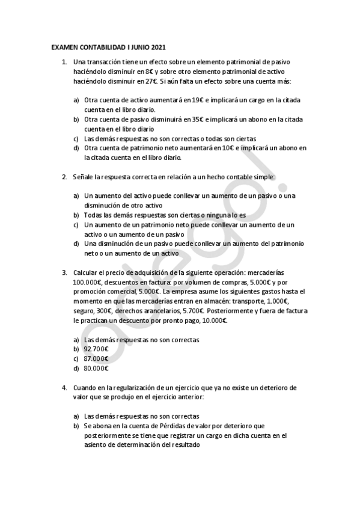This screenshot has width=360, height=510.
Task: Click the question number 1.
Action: pos(64,62)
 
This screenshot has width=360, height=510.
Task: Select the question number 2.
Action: pos(64,177)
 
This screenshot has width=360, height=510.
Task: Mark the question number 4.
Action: pos(64,388)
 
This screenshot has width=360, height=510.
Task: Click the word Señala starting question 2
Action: pos(84,177)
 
